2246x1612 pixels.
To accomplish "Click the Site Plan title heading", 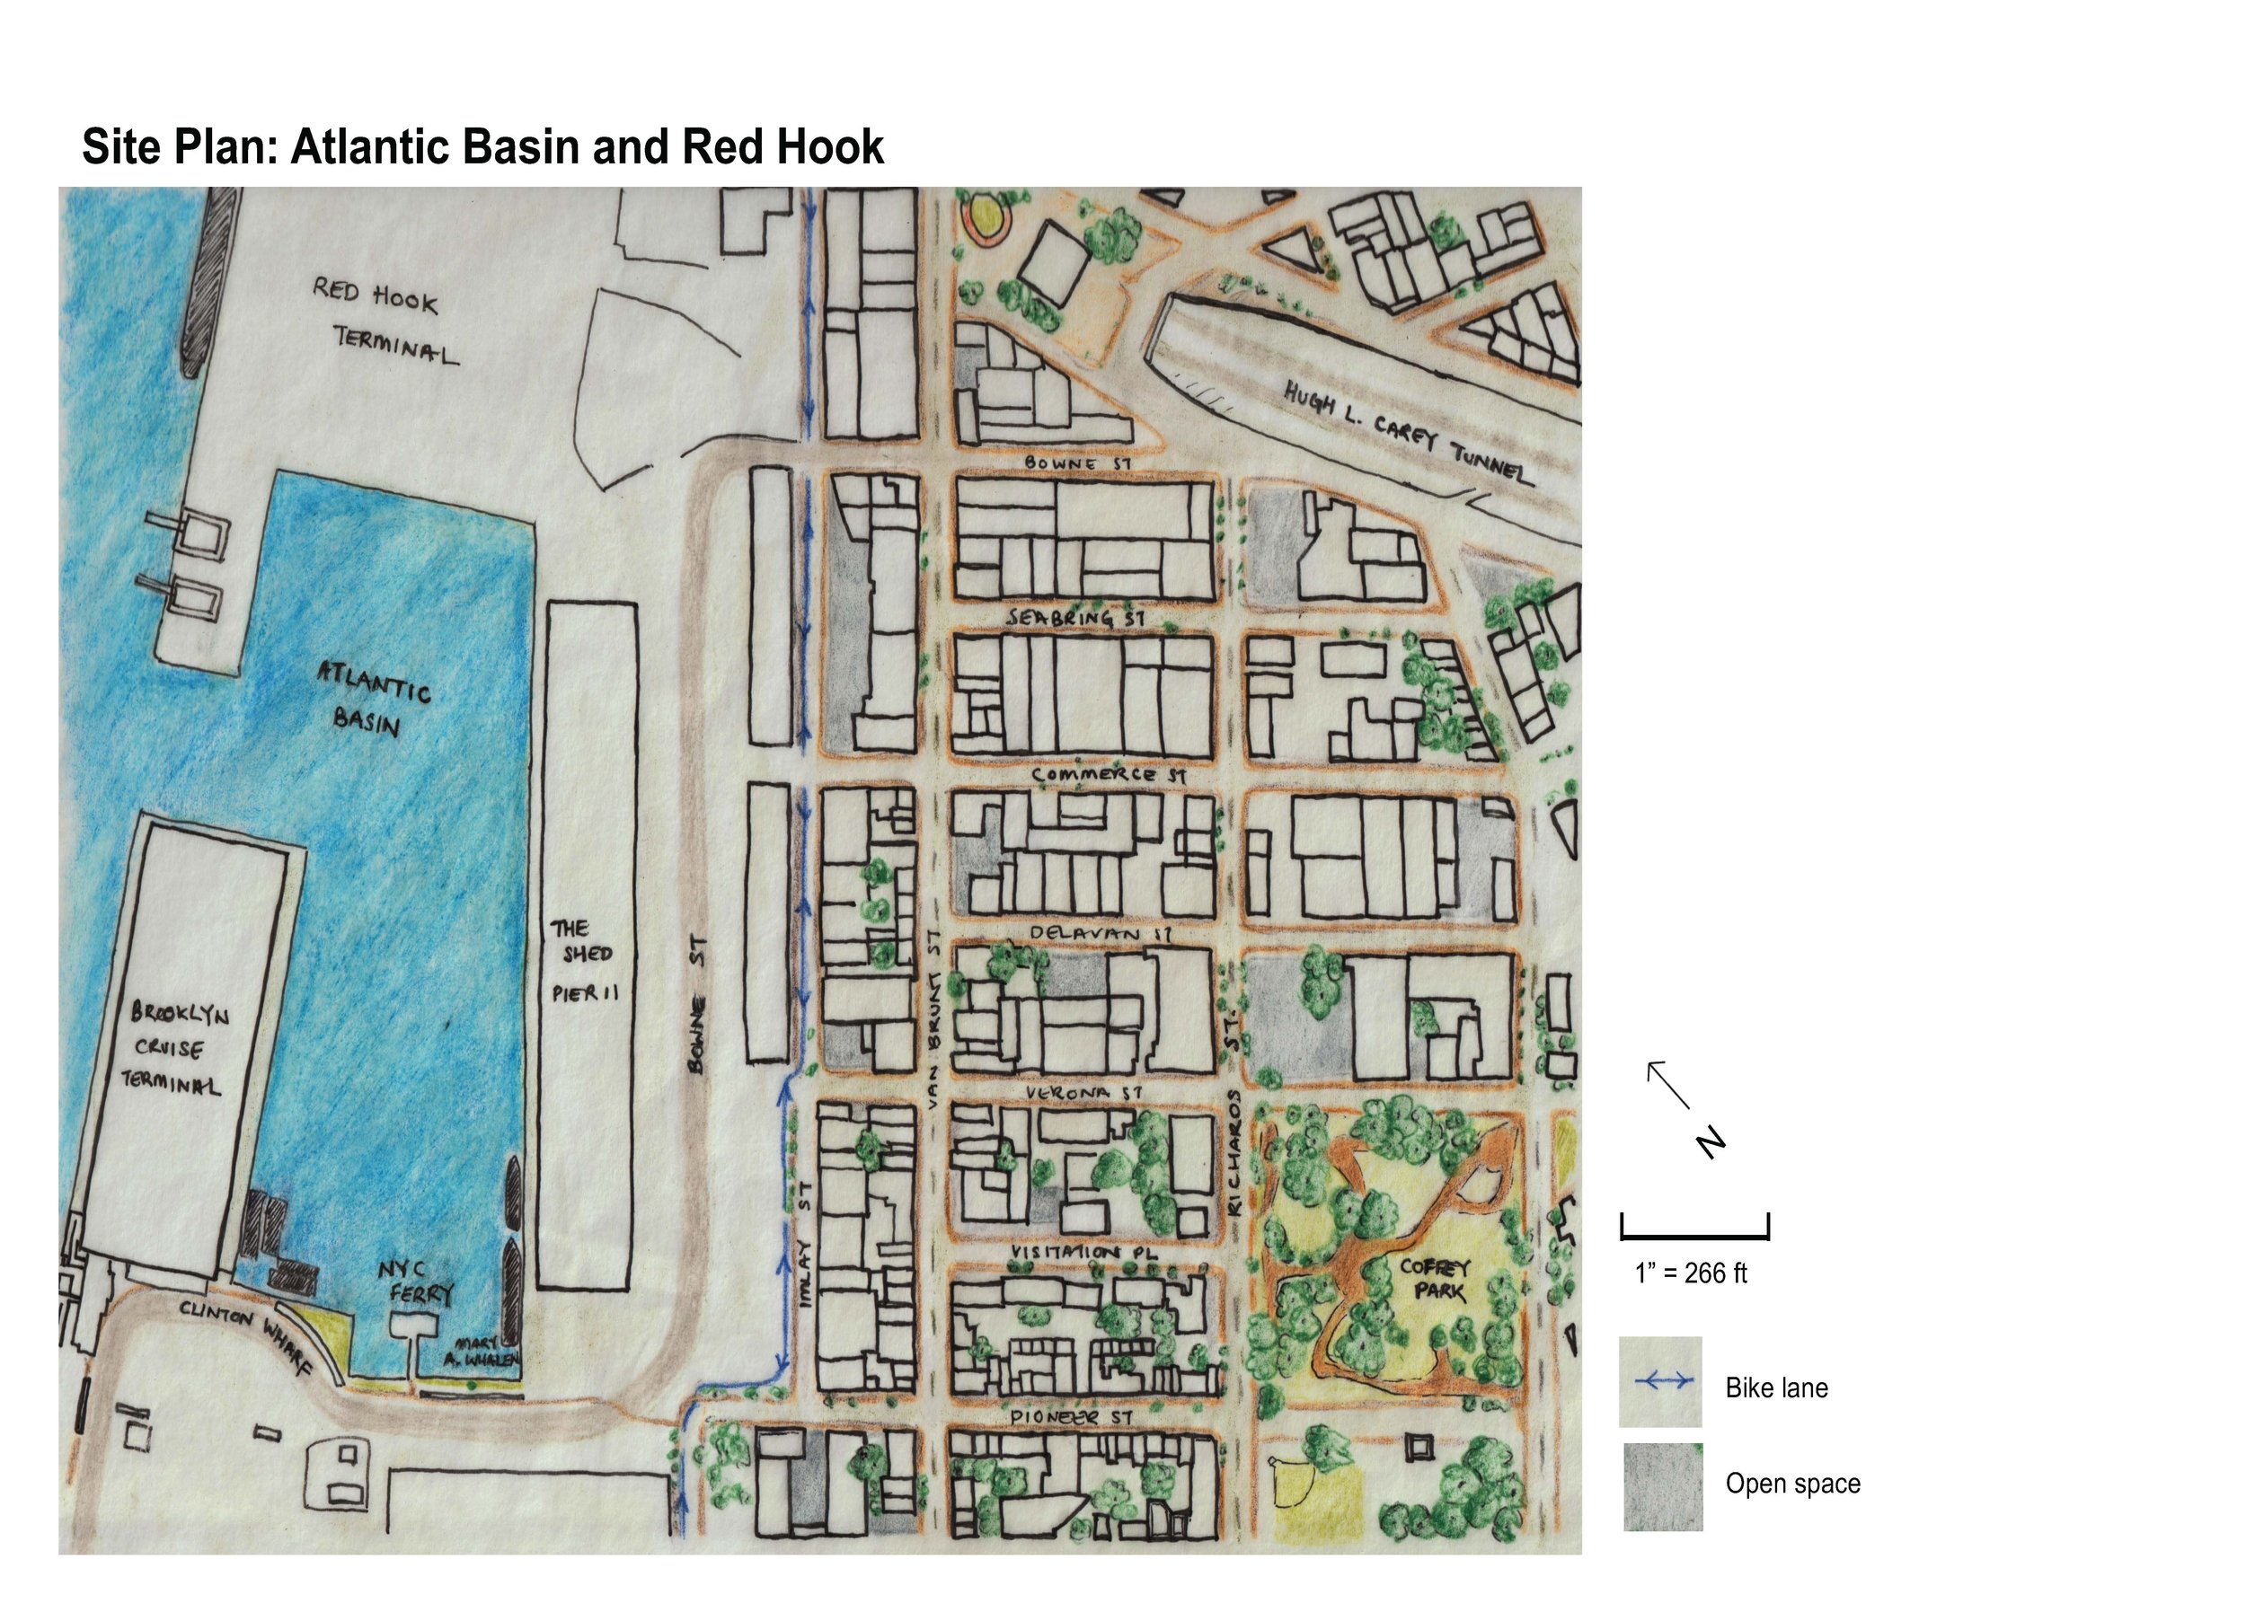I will point(482,146).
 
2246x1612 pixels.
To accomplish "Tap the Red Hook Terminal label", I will point(385,320).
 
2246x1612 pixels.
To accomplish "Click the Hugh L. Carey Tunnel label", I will point(1407,434).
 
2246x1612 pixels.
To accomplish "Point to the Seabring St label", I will point(1075,617).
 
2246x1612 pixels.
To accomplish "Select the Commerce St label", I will point(1108,774).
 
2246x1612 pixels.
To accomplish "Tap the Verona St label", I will point(1084,1092).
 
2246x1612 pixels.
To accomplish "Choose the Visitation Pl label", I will point(1083,1253).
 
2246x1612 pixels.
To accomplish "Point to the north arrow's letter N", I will point(1711,1143).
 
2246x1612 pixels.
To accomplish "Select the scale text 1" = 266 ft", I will point(1692,1273).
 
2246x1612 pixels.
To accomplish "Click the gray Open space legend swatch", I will point(1663,1486).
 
